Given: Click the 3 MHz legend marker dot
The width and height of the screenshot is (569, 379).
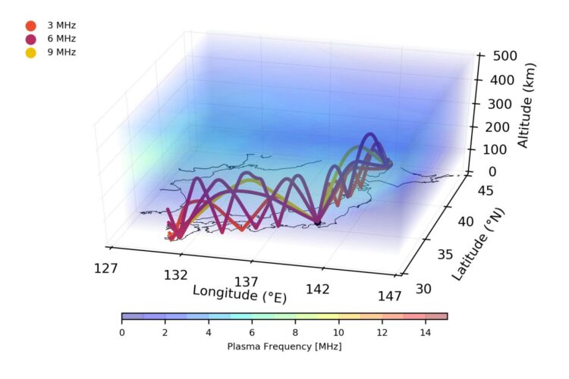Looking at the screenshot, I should pyautogui.click(x=31, y=25).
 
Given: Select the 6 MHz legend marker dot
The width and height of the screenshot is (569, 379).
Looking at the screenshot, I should pyautogui.click(x=31, y=39).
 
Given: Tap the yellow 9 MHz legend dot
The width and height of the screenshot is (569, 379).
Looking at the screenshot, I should pyautogui.click(x=31, y=52).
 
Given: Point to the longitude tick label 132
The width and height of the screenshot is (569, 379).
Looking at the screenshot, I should pyautogui.click(x=176, y=274).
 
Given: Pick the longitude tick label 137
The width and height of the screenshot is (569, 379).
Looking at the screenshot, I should pyautogui.click(x=247, y=282).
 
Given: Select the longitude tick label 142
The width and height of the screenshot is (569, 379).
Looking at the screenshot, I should pyautogui.click(x=317, y=289).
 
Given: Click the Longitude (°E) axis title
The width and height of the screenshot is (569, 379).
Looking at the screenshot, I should pyautogui.click(x=240, y=293).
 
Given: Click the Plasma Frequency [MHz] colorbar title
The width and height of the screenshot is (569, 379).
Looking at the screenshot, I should pyautogui.click(x=284, y=346).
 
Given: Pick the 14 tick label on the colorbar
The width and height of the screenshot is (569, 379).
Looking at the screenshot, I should pyautogui.click(x=425, y=331).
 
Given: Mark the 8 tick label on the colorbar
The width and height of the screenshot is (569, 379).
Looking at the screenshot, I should pyautogui.click(x=295, y=331).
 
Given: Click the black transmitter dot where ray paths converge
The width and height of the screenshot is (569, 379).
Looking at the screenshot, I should pyautogui.click(x=317, y=223).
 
